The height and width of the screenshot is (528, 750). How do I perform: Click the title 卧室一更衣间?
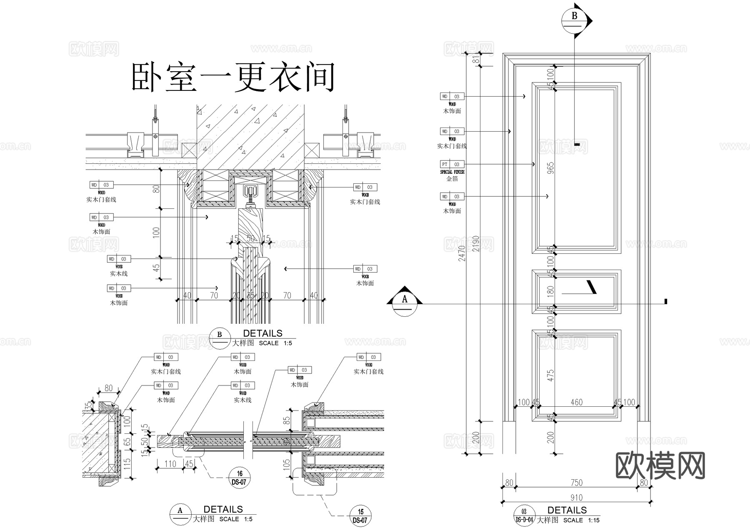[233, 78]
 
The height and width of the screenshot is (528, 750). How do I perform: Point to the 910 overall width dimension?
[576, 498]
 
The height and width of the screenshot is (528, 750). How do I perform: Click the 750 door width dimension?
[576, 483]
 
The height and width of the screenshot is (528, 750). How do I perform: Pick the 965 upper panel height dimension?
[550, 168]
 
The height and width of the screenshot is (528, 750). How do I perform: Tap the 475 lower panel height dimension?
[550, 375]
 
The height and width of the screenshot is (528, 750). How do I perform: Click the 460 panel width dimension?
[576, 402]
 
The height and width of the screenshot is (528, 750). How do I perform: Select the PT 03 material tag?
[452, 164]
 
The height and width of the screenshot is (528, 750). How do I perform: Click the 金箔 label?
[452, 179]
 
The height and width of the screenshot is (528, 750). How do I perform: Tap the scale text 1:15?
[594, 520]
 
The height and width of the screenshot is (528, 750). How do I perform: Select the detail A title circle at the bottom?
[180, 514]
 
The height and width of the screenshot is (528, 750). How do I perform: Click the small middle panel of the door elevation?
[576, 291]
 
